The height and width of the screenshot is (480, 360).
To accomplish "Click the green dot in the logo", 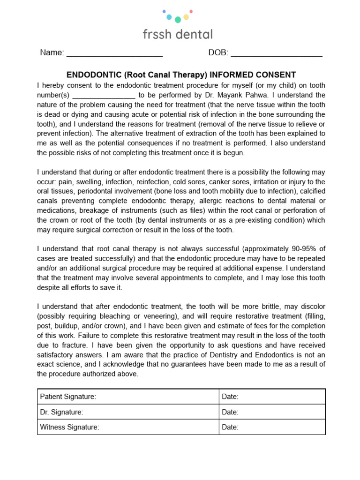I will pos(178,20).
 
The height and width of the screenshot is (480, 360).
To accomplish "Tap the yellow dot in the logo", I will pos(186,17).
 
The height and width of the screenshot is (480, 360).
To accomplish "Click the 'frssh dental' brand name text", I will pos(178,34).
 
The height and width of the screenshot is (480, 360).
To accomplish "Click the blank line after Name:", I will pos(114,53).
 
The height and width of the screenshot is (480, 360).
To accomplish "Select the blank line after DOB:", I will pos(277,53).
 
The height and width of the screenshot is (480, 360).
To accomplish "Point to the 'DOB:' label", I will pos(218,52).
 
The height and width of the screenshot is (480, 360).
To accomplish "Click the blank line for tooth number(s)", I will pos(104,95).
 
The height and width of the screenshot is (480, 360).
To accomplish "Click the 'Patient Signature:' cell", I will pos(128,397).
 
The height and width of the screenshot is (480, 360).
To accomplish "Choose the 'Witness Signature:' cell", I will pos(128,427).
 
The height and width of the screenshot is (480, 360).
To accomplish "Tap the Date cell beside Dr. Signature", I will pos(272,412).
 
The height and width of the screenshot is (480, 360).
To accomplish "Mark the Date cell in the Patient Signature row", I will pos(272,397).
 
